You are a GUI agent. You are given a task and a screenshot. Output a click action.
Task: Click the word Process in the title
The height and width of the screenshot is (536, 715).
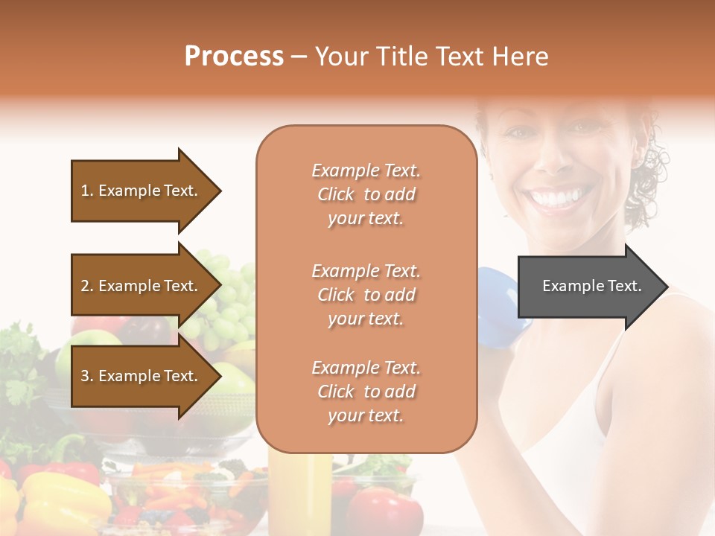click(x=234, y=57)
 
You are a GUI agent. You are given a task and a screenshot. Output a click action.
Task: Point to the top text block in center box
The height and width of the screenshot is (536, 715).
click(x=366, y=194)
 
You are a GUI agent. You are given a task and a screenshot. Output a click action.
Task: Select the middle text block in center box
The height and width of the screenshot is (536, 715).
click(x=366, y=295)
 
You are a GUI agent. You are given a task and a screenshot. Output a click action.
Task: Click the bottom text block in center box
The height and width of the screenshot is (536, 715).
click(x=366, y=392)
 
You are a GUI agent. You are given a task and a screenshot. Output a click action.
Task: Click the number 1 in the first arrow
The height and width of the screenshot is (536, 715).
click(x=85, y=191)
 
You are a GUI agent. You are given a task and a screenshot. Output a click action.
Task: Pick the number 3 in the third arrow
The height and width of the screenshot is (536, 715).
click(x=85, y=376)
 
